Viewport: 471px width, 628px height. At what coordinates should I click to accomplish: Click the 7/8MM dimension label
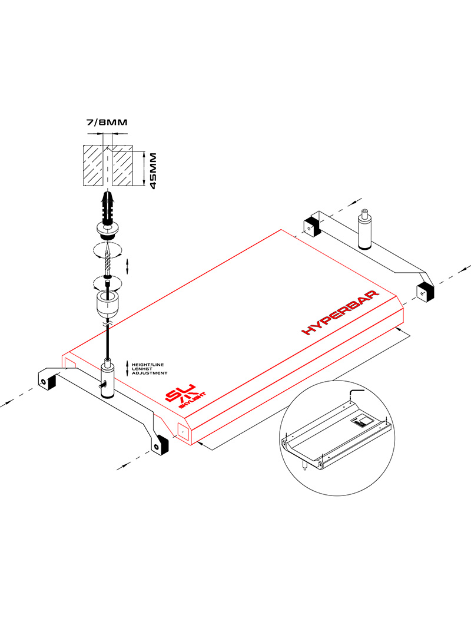[107, 123]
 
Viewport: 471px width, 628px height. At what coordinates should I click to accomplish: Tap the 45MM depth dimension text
[153, 170]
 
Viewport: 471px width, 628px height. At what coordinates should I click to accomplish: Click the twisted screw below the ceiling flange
[107, 258]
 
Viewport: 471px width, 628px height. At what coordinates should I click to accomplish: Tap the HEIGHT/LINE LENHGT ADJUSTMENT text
[150, 369]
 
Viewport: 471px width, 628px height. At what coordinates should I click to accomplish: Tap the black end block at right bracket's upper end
[311, 226]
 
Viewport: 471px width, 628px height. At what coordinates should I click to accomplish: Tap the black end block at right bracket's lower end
[424, 292]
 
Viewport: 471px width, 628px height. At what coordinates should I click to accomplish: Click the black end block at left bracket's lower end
[160, 446]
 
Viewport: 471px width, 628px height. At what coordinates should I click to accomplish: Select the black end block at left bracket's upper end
[47, 381]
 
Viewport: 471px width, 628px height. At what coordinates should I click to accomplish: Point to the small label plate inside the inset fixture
[360, 421]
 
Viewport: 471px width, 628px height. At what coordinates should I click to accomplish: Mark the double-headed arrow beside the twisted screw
[129, 266]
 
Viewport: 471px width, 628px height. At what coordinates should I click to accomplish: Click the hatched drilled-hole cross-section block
[107, 166]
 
